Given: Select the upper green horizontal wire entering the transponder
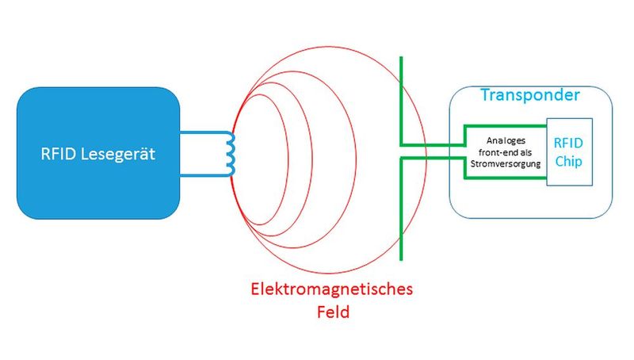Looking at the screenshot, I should (432, 145).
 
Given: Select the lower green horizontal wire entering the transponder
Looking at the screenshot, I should (432, 158).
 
